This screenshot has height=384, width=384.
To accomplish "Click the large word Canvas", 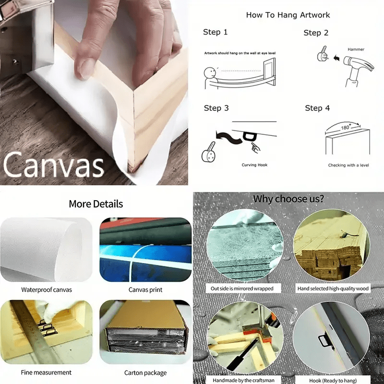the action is (53, 164).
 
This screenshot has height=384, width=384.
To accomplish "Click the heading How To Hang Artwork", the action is (288, 15).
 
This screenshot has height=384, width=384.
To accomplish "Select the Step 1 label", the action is (215, 32).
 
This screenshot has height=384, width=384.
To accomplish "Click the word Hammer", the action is (356, 49).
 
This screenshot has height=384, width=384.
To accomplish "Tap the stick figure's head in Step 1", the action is (210, 73).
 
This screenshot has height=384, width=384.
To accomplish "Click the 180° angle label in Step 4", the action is (345, 127).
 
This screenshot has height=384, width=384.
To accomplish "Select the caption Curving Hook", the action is (254, 165).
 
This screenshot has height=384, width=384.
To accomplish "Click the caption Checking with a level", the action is (348, 165).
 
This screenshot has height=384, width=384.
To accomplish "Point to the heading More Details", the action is (96, 204).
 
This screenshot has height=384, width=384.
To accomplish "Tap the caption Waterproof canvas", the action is (47, 290).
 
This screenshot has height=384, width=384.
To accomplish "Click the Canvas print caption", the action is (145, 290).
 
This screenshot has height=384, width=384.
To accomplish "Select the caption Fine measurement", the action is (46, 372).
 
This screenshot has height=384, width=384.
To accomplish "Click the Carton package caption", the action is (145, 373).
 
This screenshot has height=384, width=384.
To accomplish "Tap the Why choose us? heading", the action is (288, 199).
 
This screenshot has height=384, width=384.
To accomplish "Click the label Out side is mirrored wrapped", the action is (242, 288).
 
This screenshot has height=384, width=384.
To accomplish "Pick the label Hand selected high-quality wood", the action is (333, 288).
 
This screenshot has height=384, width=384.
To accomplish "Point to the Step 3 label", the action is (216, 108).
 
